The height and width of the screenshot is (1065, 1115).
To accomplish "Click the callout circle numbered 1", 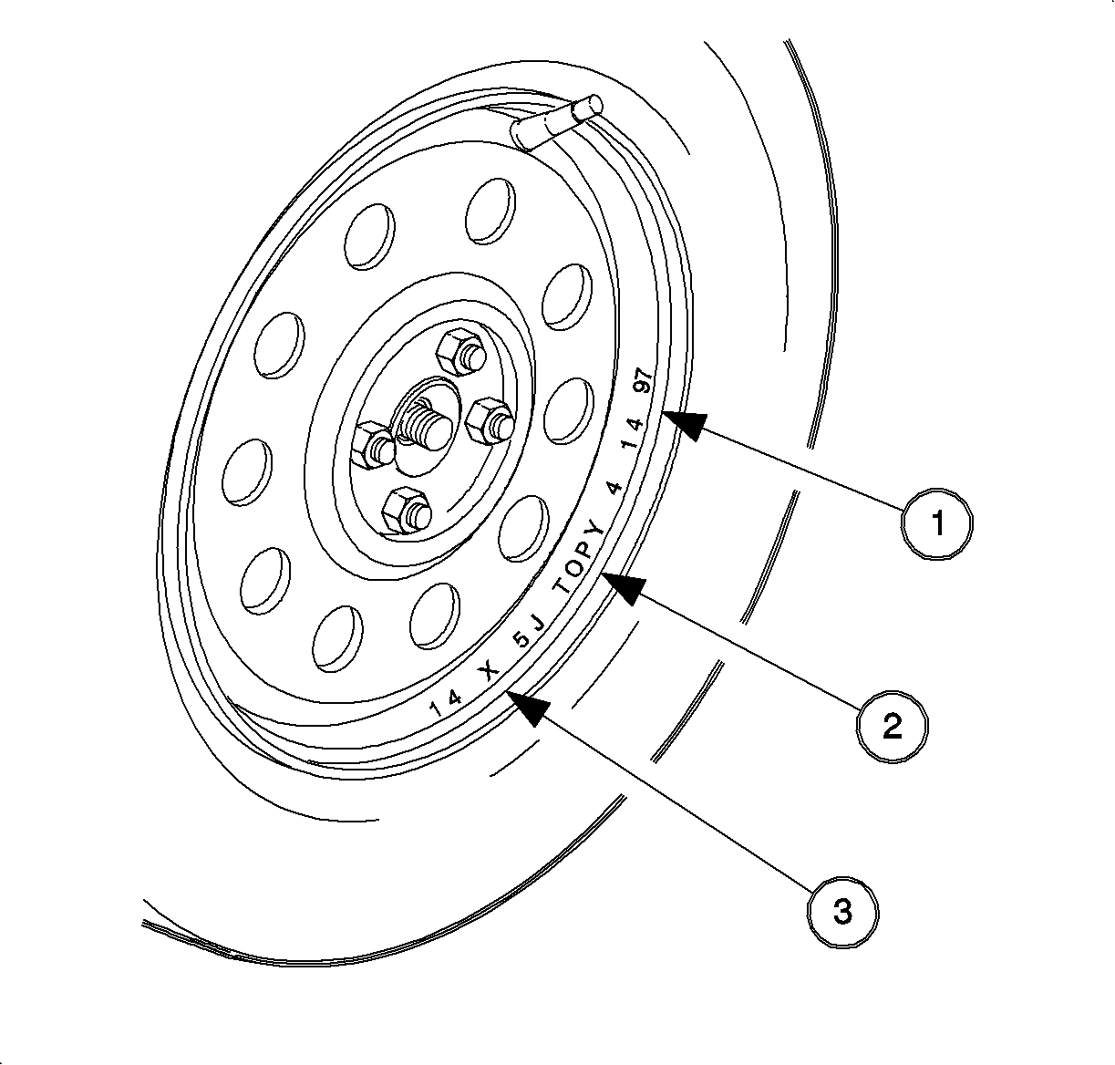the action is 937,523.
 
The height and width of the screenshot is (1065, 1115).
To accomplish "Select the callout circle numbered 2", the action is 893,726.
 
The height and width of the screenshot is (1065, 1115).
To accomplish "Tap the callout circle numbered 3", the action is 842,912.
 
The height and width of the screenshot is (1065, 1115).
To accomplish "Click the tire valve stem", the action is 556,122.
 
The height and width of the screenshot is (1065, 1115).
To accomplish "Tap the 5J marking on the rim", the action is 528,633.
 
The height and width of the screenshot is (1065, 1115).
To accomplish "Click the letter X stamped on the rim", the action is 489,669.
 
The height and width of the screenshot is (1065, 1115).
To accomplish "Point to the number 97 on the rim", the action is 645,380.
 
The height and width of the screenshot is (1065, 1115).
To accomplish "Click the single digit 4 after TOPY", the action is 614,489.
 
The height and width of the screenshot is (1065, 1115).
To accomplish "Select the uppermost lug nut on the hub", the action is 460,352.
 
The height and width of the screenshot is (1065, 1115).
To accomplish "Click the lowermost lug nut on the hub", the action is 407,510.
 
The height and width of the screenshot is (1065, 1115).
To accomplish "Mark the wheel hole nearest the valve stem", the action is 490,211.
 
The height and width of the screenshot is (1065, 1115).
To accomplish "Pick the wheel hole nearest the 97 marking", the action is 568,410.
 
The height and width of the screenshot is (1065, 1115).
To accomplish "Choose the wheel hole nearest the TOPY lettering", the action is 524,529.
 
